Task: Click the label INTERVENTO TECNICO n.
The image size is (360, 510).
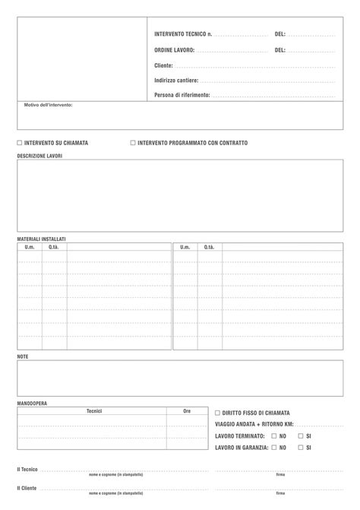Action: click(183, 34)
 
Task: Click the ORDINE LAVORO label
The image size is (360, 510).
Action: click(174, 50)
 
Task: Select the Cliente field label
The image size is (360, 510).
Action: click(164, 65)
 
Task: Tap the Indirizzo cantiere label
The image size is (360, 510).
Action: click(176, 81)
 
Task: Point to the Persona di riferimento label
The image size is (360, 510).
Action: click(182, 95)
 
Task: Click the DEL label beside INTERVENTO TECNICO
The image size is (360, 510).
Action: click(280, 34)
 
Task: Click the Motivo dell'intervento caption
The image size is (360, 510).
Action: click(49, 105)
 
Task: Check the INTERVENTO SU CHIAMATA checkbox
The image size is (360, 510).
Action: click(20, 142)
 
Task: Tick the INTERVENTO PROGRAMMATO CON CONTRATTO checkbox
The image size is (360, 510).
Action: click(133, 142)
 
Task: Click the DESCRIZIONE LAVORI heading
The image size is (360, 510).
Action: click(39, 156)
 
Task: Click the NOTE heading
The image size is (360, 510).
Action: click(23, 356)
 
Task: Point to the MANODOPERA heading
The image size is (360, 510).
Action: click(32, 403)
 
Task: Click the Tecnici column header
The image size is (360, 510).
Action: click(94, 410)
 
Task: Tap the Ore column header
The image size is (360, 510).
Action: click(187, 410)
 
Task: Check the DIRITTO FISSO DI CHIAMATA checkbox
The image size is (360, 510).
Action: click(217, 413)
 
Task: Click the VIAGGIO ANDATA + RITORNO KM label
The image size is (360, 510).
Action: click(254, 424)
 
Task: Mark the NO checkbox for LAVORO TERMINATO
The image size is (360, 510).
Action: click(274, 436)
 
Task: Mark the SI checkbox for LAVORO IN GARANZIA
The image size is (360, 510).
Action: click(301, 448)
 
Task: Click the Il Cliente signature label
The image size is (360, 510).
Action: click(28, 487)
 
